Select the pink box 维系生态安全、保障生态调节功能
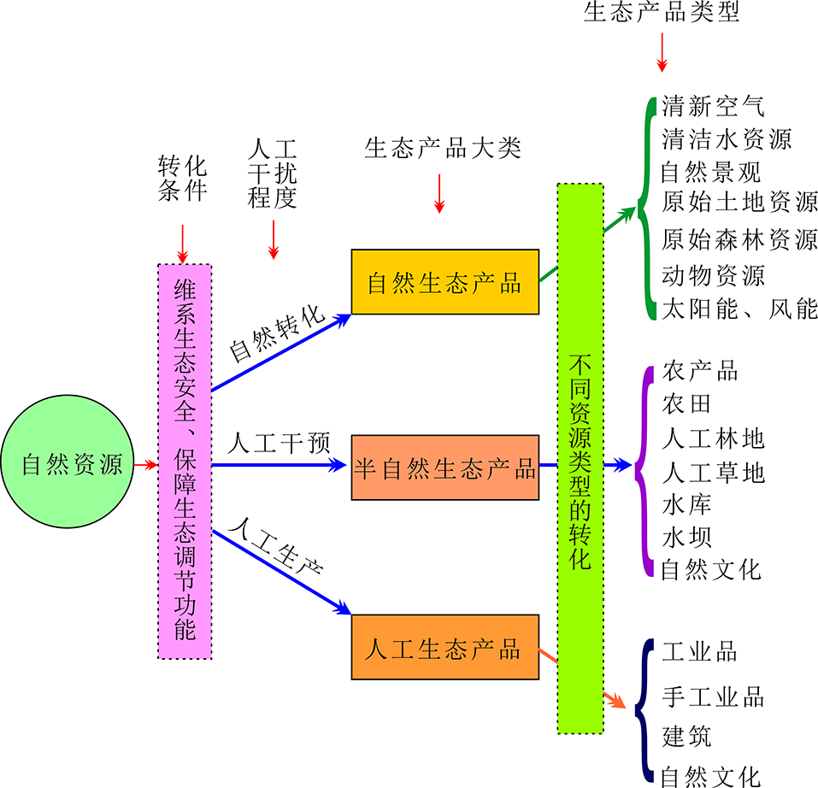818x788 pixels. pyautogui.click(x=185, y=462)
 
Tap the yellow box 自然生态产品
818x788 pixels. pyautogui.click(x=444, y=282)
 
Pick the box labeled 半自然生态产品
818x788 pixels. pyautogui.click(x=444, y=468)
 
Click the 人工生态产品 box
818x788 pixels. pyautogui.click(x=444, y=647)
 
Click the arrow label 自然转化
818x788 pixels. pyautogui.click(x=278, y=332)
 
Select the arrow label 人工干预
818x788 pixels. pyautogui.click(x=279, y=444)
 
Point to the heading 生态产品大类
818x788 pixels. pyautogui.click(x=442, y=149)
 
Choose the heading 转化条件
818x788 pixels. pyautogui.click(x=182, y=178)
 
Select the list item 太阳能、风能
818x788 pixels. pyautogui.click(x=739, y=309)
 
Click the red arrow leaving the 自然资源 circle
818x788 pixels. pyautogui.click(x=145, y=466)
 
